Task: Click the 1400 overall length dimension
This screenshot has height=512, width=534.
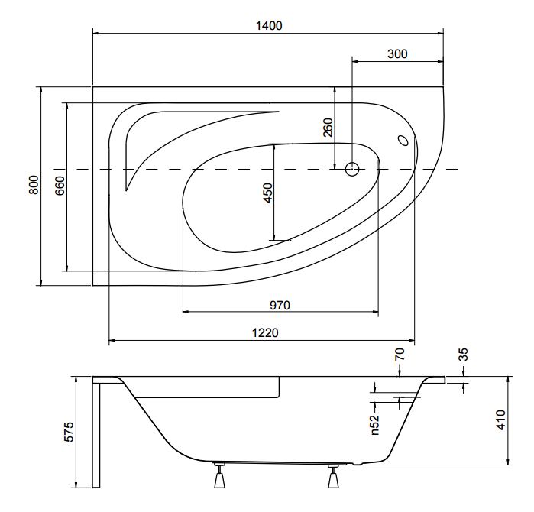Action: (269, 26)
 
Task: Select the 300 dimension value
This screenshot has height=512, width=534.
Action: (397, 54)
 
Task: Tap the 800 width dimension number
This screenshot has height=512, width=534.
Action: (34, 185)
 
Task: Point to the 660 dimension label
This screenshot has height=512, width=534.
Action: (60, 186)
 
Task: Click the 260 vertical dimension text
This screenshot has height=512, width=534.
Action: (328, 128)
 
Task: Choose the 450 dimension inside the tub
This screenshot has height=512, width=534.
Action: (268, 193)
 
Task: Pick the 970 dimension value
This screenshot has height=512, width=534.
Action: (280, 305)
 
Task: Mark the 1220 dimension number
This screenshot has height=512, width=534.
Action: (265, 332)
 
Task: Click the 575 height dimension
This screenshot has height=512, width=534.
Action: (69, 432)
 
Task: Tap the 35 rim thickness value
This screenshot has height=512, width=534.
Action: (464, 355)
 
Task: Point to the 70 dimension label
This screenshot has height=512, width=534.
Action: (400, 355)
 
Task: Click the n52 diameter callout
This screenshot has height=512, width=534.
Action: (374, 425)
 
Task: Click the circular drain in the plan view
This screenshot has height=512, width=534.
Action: (352, 169)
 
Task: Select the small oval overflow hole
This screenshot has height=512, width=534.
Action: (403, 140)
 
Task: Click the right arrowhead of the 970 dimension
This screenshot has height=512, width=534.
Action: (376, 311)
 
